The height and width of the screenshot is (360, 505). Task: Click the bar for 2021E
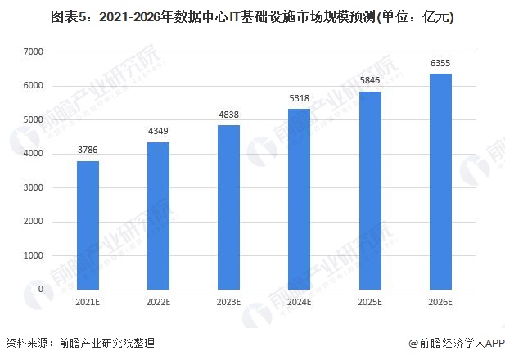pos(88,225)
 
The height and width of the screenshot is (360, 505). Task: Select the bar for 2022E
pos(158,216)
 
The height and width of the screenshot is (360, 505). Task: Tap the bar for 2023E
pos(228,208)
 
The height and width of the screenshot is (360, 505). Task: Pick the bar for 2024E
pos(300,200)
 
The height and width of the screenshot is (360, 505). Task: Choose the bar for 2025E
pos(370,191)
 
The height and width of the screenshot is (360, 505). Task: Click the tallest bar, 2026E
pos(440,182)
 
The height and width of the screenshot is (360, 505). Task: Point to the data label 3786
pos(88,150)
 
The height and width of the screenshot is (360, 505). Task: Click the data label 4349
pos(158,131)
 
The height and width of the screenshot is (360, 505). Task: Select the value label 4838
pos(228,115)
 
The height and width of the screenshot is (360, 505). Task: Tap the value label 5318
pos(300,98)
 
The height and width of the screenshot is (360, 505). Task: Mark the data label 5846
pos(370,80)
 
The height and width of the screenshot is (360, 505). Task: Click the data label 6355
pos(440,63)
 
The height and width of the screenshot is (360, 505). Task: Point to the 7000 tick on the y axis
pos(34,52)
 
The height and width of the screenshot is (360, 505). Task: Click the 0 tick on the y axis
pos(41,289)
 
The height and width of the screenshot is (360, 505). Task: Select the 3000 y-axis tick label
pos(34,187)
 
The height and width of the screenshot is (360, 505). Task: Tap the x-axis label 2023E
pos(228,302)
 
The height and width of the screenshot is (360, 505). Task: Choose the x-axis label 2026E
pos(440,302)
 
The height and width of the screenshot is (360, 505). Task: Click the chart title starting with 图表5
pos(252,17)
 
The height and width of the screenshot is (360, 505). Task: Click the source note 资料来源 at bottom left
pos(80,344)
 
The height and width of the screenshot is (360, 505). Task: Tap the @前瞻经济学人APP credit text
pos(457,344)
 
